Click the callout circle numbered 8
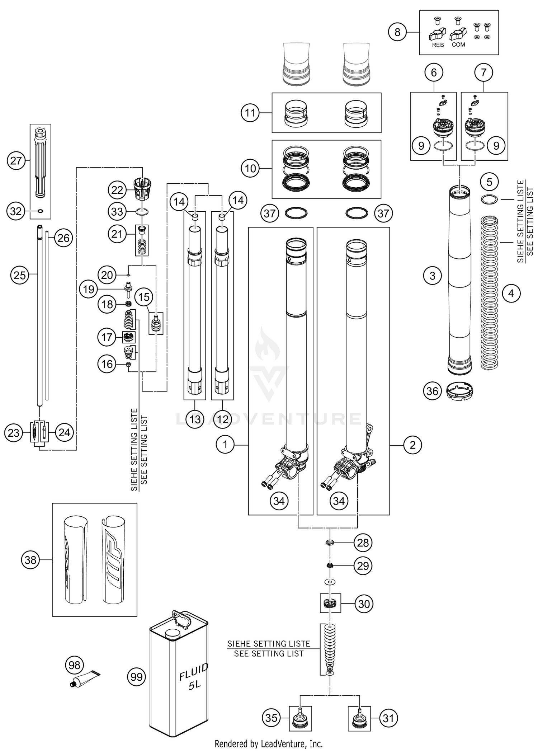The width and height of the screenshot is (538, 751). tap(397, 32)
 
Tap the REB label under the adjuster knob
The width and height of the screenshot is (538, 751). tap(438, 45)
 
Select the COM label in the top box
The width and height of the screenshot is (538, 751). tap(458, 45)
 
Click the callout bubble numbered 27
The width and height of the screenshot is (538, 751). tap(16, 160)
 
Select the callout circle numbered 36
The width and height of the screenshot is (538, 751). tap(432, 391)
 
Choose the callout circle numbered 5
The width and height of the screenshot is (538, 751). tap(490, 182)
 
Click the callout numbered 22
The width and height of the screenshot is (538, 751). tap(117, 190)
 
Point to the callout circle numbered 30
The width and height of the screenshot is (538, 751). tap(364, 604)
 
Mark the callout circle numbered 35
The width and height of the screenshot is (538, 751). tap(272, 718)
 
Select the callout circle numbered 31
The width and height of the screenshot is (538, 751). tap(388, 718)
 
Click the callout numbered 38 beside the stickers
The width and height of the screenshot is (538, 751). tap(30, 560)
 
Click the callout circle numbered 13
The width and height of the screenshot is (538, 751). tap(195, 419)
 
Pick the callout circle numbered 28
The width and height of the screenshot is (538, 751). tap(363, 543)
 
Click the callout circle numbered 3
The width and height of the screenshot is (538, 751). tap(432, 276)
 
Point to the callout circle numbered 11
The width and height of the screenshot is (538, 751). tap(250, 113)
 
